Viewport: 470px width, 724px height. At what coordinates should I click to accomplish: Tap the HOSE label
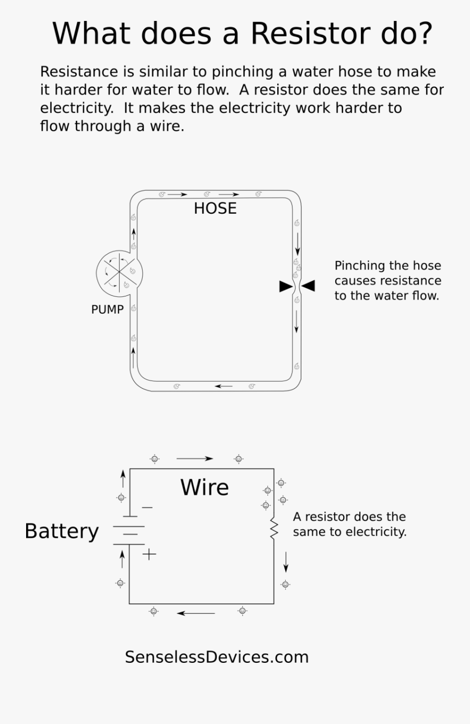215,209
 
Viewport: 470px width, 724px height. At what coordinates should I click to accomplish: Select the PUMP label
107,309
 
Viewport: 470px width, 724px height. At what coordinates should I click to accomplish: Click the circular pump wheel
119,271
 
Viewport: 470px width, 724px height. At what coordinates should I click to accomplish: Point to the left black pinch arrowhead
286,286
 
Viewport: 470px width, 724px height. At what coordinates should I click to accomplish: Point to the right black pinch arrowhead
309,285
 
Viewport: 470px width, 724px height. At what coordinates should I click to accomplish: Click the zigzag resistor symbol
274,528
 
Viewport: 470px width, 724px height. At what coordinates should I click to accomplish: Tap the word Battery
62,531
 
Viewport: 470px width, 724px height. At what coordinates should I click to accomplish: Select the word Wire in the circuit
204,488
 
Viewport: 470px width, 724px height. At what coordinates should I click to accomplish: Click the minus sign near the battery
147,507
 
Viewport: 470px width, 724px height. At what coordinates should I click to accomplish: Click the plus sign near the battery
149,554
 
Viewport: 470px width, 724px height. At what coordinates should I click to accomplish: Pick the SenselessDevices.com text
217,657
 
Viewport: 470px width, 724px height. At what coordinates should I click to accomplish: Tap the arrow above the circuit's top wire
194,458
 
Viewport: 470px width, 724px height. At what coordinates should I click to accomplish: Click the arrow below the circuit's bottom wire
196,613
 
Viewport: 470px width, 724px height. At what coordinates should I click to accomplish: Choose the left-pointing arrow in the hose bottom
224,386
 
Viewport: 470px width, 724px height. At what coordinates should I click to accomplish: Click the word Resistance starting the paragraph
79,72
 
